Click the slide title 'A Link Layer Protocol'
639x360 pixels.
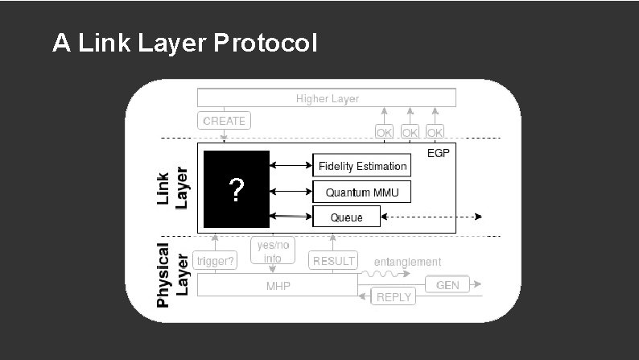[184, 43]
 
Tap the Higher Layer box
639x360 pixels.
[327, 98]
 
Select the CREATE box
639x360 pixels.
[225, 121]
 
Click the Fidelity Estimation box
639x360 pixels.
[361, 166]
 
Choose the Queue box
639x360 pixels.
[346, 217]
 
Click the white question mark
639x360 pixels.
[236, 191]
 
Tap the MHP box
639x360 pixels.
[278, 286]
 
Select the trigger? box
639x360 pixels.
[215, 261]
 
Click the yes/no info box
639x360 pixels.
[272, 250]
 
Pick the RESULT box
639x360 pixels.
[333, 261]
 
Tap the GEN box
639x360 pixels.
[447, 285]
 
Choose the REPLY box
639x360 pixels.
[394, 296]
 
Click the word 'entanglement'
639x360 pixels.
[407, 262]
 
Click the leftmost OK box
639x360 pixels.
[384, 131]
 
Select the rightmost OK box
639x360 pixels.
[435, 131]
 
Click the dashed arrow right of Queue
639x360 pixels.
[432, 217]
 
